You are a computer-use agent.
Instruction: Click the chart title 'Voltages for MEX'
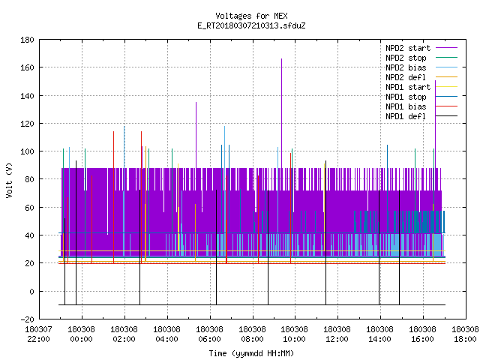pyautogui.click(x=251, y=16)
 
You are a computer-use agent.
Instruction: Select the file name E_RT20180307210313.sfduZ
pyautogui.click(x=251, y=25)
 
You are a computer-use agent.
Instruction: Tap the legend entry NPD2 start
pyautogui.click(x=408, y=48)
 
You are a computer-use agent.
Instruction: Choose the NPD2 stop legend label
pyautogui.click(x=406, y=58)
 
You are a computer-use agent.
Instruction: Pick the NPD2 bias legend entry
pyautogui.click(x=406, y=67)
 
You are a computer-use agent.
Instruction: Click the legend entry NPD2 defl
pyautogui.click(x=406, y=77)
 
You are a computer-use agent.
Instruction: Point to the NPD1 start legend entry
pyautogui.click(x=408, y=87)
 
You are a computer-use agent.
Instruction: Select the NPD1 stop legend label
pyautogui.click(x=406, y=97)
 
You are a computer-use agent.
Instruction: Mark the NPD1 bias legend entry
pyautogui.click(x=406, y=106)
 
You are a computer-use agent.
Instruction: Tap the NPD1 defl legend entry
pyautogui.click(x=406, y=117)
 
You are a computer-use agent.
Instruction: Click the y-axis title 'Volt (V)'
pyautogui.click(x=9, y=180)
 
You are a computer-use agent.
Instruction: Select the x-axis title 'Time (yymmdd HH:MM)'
pyautogui.click(x=251, y=353)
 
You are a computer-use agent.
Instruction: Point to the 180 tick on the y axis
pyautogui.click(x=27, y=40)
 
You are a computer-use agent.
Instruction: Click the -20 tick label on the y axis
pyautogui.click(x=27, y=319)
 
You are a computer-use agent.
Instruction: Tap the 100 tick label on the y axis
pyautogui.click(x=27, y=151)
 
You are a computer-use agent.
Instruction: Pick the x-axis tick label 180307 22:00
pyautogui.click(x=38, y=334)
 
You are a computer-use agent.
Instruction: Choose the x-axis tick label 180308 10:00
pyautogui.click(x=294, y=334)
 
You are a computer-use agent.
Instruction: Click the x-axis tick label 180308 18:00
pyautogui.click(x=465, y=334)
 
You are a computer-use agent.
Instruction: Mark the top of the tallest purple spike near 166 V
pyautogui.click(x=282, y=58)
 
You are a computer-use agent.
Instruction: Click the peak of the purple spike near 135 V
pyautogui.click(x=196, y=102)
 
